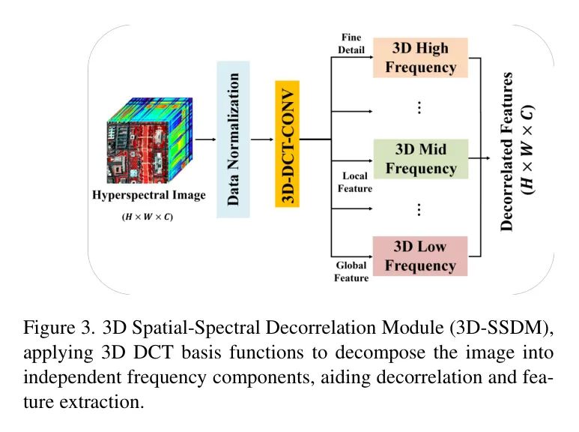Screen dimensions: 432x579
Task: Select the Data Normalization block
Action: point(233,139)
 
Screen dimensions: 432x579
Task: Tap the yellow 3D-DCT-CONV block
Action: point(287,139)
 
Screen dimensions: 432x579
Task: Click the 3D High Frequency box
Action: point(420,57)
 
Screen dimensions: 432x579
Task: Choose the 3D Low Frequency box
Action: point(420,256)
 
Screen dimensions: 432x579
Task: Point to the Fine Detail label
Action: point(351,43)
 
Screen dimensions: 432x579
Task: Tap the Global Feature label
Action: point(351,271)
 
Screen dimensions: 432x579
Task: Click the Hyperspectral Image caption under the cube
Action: point(148,196)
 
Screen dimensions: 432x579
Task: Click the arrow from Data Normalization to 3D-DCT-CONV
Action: point(262,139)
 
